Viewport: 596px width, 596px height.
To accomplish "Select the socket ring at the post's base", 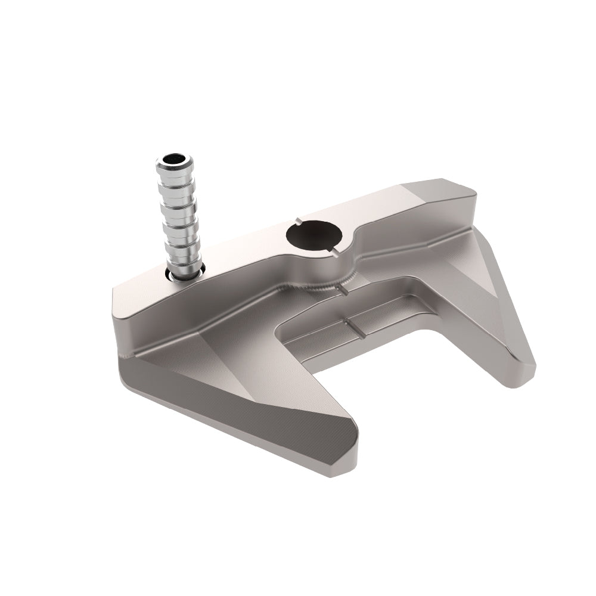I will [186, 272].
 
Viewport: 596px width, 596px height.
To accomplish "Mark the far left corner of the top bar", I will [114, 288].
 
